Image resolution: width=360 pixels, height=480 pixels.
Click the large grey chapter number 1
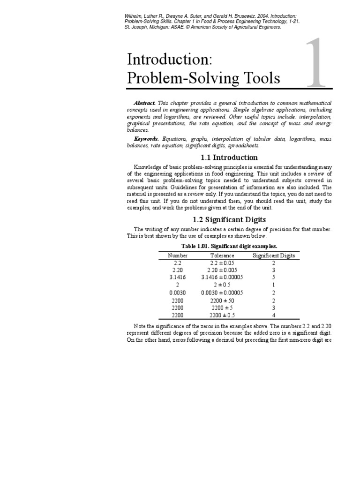click(315, 65)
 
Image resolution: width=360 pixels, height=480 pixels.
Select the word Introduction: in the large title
click(170, 60)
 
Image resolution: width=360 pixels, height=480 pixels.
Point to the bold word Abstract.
click(144, 103)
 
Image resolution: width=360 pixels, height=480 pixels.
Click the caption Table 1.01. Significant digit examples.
click(229, 246)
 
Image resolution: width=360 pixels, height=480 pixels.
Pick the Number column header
click(178, 255)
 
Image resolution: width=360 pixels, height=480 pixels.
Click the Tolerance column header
click(222, 255)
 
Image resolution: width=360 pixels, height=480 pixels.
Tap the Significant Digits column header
click(274, 255)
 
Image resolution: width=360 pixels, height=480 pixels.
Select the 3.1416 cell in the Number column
click(178, 277)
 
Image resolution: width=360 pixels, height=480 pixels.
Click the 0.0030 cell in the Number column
click(178, 292)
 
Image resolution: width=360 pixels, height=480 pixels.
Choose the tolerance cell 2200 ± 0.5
click(222, 315)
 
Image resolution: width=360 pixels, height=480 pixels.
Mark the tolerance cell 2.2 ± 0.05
click(222, 263)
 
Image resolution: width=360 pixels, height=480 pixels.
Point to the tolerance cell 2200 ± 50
click(222, 300)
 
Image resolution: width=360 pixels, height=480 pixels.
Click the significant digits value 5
click(274, 277)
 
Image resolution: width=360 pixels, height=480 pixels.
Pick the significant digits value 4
click(274, 315)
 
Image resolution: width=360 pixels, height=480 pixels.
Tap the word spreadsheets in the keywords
click(243, 146)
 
